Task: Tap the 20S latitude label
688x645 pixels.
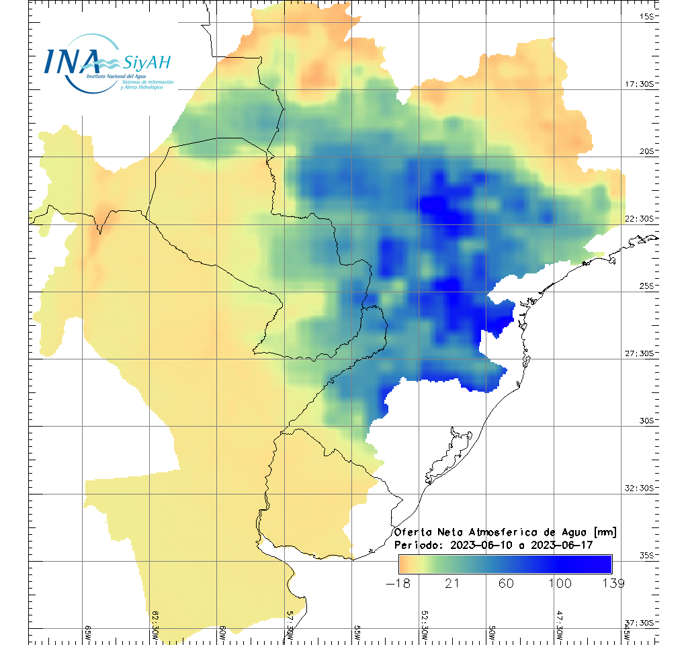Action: point(646,151)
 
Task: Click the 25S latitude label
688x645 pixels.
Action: point(646,286)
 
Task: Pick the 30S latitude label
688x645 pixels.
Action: point(646,421)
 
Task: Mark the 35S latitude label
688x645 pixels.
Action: point(646,555)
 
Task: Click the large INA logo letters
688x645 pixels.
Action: point(71,61)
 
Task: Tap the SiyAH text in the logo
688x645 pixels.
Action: point(147,63)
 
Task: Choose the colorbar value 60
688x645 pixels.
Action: point(505,583)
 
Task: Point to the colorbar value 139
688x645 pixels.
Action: point(612,583)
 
